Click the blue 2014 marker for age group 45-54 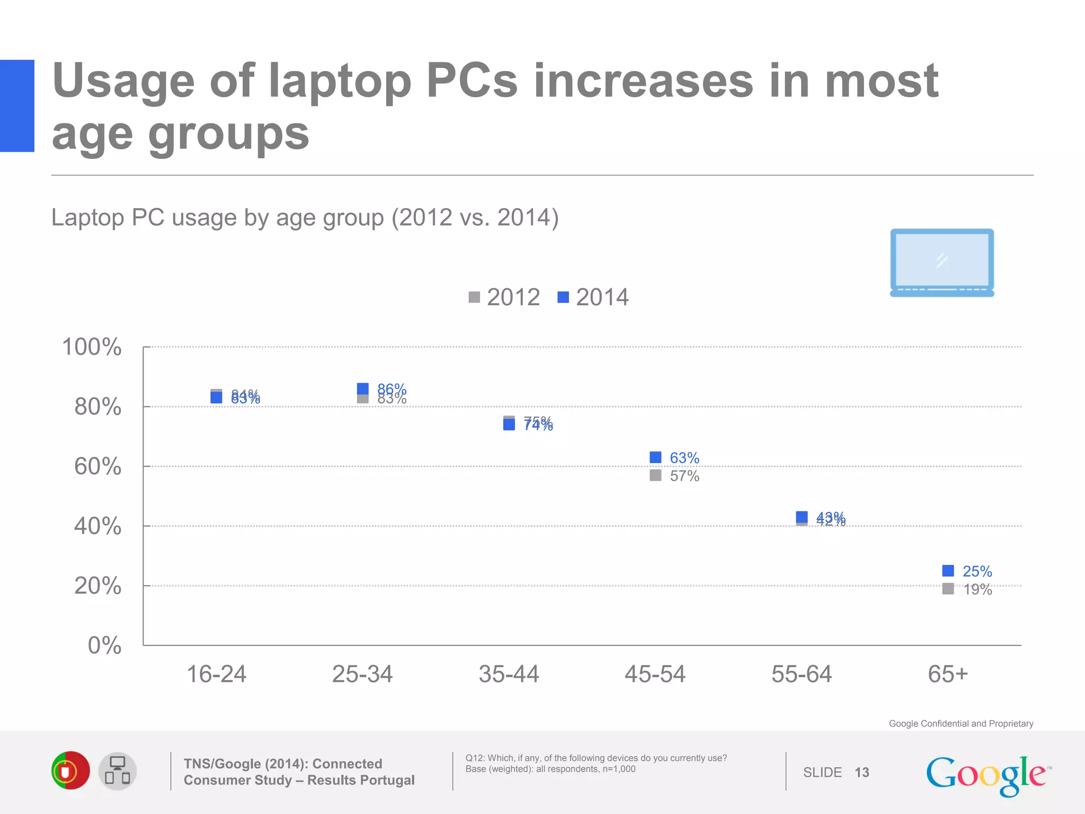[x=655, y=457]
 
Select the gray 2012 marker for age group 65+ [x=948, y=589]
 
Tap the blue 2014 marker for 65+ [x=948, y=571]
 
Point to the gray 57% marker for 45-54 [x=655, y=475]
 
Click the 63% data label [x=684, y=458]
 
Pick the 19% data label [x=977, y=589]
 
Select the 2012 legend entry [x=504, y=297]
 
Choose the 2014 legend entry [x=593, y=297]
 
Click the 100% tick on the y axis [x=92, y=347]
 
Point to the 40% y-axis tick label [x=97, y=526]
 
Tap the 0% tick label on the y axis [x=104, y=645]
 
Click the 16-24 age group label [x=216, y=674]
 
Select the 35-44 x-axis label [x=509, y=674]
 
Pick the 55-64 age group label [x=802, y=674]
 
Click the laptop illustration [x=942, y=263]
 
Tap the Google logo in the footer [x=988, y=775]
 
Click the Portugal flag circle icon [x=70, y=771]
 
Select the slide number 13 [x=862, y=773]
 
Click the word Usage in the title [x=123, y=81]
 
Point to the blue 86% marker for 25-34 [x=363, y=388]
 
